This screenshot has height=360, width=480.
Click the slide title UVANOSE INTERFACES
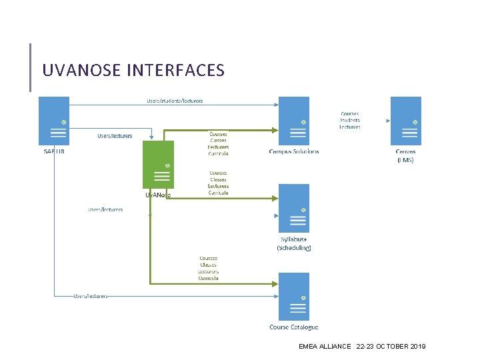[133, 70]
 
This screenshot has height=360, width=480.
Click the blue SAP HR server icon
[54, 121]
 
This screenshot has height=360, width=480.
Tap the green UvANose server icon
[158, 164]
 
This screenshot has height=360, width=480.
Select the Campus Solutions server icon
[293, 121]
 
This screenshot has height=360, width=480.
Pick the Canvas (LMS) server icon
[405, 121]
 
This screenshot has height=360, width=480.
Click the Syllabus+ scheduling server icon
[293, 208]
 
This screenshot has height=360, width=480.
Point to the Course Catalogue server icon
[293, 297]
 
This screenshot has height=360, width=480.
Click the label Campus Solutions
[294, 151]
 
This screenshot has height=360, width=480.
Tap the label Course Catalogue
[294, 327]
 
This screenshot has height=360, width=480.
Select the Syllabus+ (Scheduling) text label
[294, 243]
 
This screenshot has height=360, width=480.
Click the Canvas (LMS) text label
[405, 155]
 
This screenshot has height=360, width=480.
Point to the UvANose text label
[158, 195]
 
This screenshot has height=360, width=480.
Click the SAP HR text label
[55, 151]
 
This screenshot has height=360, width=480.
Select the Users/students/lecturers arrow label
[175, 101]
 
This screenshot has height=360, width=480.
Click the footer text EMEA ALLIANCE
[325, 347]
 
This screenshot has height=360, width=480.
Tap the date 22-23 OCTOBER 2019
[391, 347]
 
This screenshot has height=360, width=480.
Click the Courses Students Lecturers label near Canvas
[349, 120]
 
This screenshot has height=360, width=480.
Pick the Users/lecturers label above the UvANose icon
[115, 136]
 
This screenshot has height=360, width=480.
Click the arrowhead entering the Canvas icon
[387, 121]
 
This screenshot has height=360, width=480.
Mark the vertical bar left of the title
[31, 67]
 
